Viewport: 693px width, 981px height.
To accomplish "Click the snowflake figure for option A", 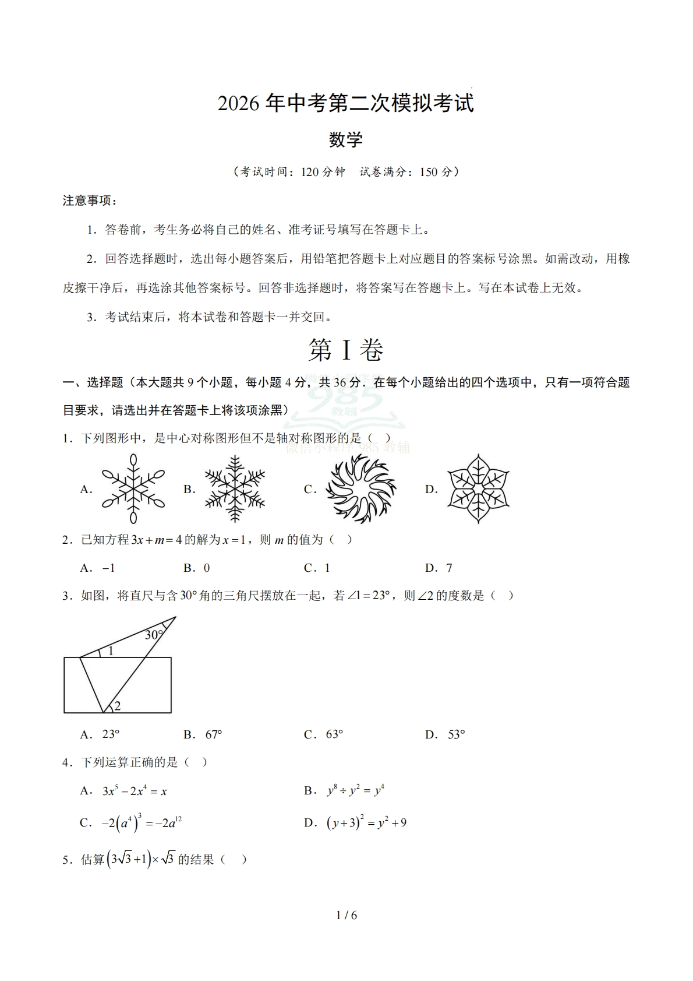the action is (x=133, y=488).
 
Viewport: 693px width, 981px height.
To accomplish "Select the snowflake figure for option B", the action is (x=235, y=488).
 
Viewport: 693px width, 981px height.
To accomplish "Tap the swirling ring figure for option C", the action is (x=360, y=488).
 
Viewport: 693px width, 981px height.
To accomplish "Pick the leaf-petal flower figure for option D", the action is (x=478, y=488).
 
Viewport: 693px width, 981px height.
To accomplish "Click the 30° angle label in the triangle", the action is (x=154, y=635).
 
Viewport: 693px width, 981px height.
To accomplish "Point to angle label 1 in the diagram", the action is (x=111, y=651).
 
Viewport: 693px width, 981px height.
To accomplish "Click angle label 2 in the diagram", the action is (x=117, y=706).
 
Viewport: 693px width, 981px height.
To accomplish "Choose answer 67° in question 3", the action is (x=214, y=734).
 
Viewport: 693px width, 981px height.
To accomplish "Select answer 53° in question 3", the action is (x=456, y=734).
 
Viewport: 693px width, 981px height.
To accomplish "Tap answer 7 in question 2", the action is (x=449, y=568).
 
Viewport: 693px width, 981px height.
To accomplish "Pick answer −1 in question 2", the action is (x=108, y=568).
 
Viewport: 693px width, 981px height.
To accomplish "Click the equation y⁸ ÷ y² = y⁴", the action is (x=355, y=791).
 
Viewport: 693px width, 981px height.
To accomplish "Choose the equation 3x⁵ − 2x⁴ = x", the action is (x=135, y=791).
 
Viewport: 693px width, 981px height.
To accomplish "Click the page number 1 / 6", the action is (x=346, y=915).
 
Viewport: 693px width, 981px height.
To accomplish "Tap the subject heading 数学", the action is (x=346, y=139).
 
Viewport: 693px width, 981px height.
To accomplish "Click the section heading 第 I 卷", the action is (x=346, y=350).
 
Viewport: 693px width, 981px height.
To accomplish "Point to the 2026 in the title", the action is (x=238, y=104).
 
